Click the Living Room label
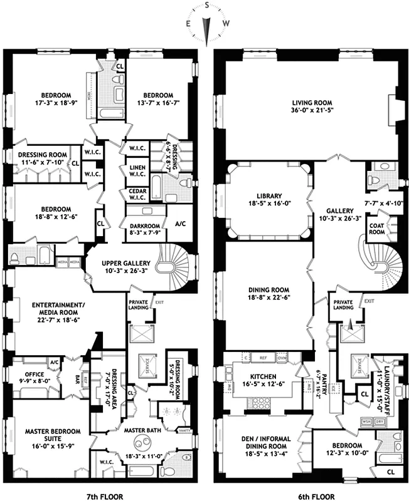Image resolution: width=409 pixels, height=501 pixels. [311, 103]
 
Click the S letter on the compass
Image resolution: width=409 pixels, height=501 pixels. [205, 6]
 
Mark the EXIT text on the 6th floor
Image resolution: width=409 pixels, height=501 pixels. [369, 301]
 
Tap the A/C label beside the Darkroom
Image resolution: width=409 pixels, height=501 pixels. [180, 224]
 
